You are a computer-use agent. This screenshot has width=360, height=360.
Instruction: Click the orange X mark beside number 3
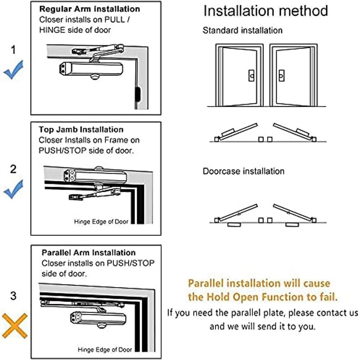click(14, 325)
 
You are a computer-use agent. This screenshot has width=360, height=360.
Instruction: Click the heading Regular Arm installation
click(89, 9)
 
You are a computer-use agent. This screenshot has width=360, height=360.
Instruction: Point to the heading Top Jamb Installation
click(81, 130)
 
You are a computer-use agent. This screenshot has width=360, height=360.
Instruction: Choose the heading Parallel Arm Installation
click(88, 253)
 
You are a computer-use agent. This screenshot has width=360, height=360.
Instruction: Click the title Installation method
click(265, 11)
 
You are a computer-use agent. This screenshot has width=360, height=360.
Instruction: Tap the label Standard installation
click(243, 31)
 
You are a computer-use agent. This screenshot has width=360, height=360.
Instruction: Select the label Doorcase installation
click(243, 171)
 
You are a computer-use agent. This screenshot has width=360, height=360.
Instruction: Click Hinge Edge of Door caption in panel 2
click(101, 222)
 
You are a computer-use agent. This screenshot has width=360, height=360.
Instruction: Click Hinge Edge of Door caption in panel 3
click(104, 349)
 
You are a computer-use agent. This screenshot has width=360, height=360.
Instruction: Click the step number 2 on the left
click(13, 169)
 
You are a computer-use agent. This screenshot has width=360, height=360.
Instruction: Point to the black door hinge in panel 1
click(136, 94)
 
